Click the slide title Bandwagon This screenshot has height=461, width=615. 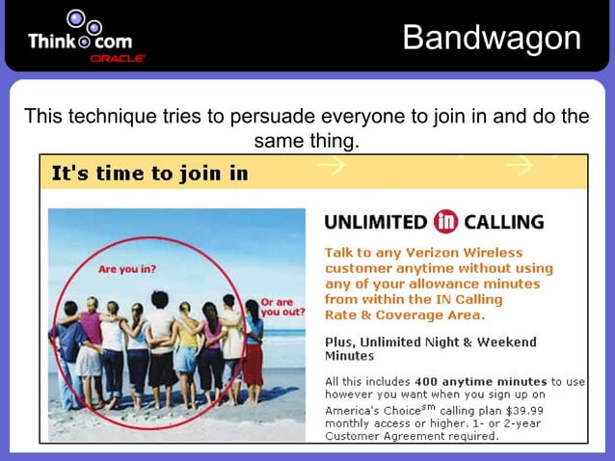point(492,38)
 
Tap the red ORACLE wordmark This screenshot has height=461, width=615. point(118,59)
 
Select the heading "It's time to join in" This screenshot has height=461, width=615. point(149,174)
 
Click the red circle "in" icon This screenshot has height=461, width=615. point(445,222)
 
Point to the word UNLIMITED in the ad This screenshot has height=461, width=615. point(376,223)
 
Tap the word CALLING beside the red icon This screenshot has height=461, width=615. point(504,223)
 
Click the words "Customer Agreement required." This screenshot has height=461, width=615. point(412,436)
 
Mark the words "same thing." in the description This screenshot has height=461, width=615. point(307,142)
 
